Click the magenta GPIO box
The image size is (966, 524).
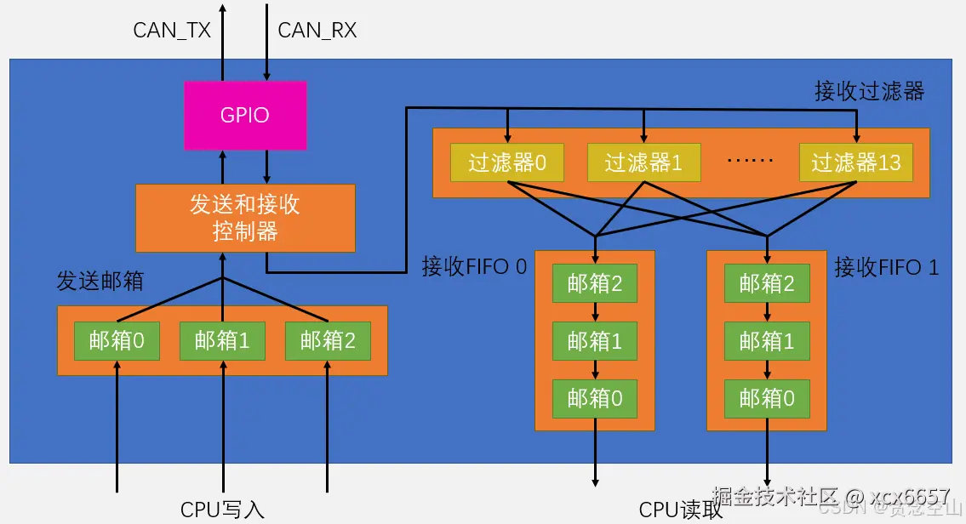coord(245,115)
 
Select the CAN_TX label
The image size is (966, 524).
coord(172,31)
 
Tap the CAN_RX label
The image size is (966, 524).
coord(317,31)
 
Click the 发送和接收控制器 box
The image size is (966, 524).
coord(245,218)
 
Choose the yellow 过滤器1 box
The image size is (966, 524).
coord(643,162)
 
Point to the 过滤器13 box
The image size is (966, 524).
coord(855,162)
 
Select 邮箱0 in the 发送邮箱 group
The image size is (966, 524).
coord(117,341)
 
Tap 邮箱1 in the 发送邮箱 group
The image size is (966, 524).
coord(222,341)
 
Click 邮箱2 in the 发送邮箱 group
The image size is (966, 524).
coord(328,341)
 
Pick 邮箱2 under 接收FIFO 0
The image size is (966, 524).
coord(595,283)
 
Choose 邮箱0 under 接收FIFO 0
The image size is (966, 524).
coord(595,398)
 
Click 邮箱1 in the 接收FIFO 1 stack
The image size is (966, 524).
coord(767,341)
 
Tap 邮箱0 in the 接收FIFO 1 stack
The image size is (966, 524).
coord(767,398)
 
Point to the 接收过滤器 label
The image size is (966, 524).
coord(869,91)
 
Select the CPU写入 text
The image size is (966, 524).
coord(223,509)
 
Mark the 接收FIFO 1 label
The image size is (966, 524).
coord(886,267)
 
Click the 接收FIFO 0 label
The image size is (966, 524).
coord(474,267)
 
